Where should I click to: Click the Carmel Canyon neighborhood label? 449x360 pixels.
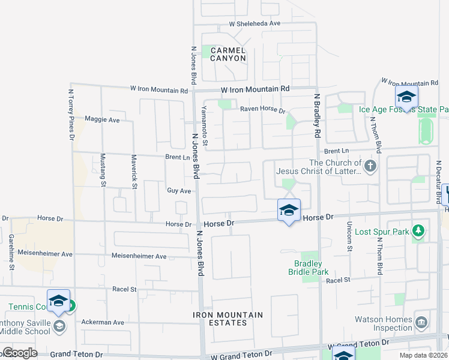(228, 54)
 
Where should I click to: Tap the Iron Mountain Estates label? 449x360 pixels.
(228, 319)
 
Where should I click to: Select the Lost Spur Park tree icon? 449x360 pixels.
(419, 231)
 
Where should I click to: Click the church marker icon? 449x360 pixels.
(370, 166)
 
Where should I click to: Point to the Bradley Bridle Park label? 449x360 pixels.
(312, 268)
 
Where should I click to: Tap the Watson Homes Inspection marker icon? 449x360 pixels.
(421, 322)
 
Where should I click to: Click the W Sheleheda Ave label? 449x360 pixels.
(255, 23)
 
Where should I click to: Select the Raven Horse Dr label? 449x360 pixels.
(262, 110)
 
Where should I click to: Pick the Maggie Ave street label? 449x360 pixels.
(102, 119)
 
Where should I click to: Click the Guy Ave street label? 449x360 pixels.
(179, 191)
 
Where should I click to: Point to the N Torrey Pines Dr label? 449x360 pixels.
(71, 115)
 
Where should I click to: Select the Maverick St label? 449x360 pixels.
(134, 171)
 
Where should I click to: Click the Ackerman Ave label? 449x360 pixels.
(103, 322)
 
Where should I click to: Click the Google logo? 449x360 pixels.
(20, 353)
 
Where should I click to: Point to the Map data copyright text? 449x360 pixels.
(423, 355)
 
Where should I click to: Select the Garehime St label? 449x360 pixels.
(11, 251)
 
